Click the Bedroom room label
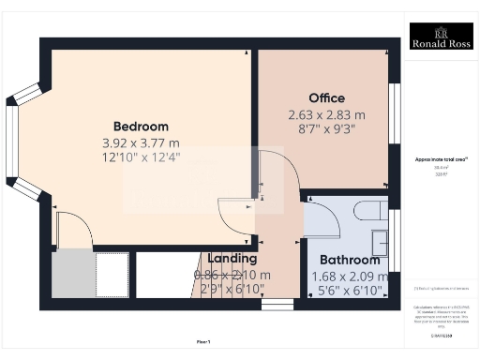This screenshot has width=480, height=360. pyautogui.click(x=141, y=127)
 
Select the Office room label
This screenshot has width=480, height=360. pyautogui.click(x=326, y=97)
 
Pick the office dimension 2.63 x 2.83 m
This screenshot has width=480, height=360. pyautogui.click(x=326, y=114)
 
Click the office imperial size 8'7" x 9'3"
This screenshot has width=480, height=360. pyautogui.click(x=326, y=129)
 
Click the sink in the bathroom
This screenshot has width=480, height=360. pyautogui.click(x=381, y=241)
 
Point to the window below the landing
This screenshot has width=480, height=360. pyautogui.click(x=276, y=304)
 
